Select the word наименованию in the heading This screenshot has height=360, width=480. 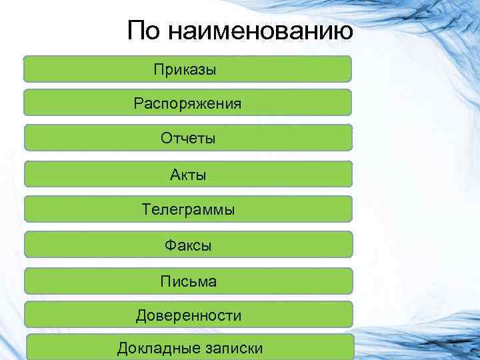(x=260, y=32)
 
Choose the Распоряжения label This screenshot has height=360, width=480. (x=187, y=104)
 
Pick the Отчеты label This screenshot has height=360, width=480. (x=188, y=139)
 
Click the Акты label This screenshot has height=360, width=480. (x=188, y=175)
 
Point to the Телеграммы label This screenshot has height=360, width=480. (x=188, y=210)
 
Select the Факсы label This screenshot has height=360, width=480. (x=188, y=245)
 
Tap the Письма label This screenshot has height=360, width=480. (x=188, y=281)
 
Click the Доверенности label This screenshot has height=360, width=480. (x=189, y=315)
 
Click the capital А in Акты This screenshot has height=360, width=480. (x=175, y=175)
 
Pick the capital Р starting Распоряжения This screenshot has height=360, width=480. (x=138, y=103)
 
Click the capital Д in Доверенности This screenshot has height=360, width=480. (x=141, y=315)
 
